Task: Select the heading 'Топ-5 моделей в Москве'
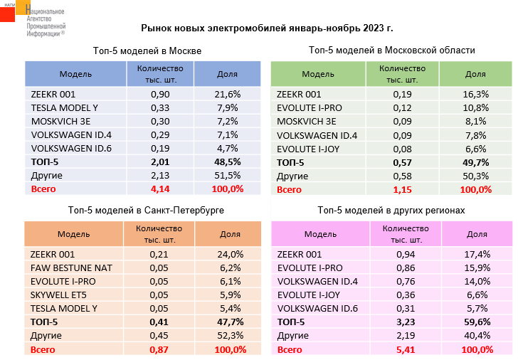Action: point(147,51)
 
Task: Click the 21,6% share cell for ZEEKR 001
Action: point(229,94)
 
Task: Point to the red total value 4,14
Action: point(159,189)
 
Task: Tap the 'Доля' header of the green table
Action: point(475,74)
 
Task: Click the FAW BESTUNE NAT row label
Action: point(70,268)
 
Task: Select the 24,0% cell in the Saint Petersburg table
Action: point(229,254)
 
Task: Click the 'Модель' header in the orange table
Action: point(73,234)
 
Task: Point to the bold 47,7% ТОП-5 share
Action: point(229,322)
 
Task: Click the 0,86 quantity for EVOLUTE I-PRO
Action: point(406,268)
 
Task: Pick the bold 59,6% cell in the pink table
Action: point(476,322)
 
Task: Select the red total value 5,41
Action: point(406,349)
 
